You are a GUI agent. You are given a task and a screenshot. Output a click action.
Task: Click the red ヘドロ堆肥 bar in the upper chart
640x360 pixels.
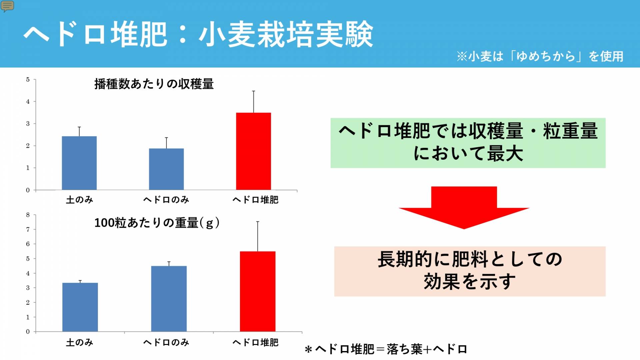coord(253,151)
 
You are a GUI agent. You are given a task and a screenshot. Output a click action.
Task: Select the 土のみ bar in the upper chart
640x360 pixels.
coord(79,163)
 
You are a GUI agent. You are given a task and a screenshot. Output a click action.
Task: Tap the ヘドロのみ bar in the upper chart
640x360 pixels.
coord(166,169)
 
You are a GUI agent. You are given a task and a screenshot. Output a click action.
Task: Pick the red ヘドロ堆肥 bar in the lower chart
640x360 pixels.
coord(258,291)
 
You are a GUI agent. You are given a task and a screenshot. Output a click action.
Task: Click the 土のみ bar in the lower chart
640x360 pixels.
coord(80,307)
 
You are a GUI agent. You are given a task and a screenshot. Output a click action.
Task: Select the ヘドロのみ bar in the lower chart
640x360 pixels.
coord(169,299)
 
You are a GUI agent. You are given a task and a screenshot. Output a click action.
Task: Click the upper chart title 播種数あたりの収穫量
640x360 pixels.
coord(154,84)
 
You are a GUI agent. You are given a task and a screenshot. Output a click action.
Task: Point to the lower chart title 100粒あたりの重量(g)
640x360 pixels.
coord(157,223)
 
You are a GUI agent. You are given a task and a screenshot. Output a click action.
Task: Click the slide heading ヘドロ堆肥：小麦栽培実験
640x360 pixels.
coord(198,34)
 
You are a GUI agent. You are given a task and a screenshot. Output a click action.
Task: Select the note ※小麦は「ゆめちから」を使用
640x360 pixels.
coord(540,56)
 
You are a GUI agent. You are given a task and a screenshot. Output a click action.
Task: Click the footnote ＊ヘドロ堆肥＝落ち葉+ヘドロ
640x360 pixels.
coord(386,349)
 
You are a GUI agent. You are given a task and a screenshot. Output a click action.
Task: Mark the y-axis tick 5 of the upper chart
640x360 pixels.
coord(28,80)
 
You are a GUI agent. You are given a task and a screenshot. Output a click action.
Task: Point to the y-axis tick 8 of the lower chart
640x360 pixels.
coord(28,215)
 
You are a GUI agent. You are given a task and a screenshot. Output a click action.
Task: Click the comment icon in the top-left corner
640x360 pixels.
coord(7,6)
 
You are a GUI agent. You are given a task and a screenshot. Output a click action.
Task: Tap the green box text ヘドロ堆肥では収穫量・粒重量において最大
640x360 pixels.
coord(468,142)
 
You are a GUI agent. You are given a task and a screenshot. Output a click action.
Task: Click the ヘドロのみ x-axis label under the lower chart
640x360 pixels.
coord(166,342)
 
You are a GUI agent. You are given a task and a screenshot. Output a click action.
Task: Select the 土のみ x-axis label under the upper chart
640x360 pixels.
coord(79,200)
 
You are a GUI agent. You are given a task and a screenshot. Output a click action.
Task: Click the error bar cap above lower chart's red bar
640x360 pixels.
coord(258,222)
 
